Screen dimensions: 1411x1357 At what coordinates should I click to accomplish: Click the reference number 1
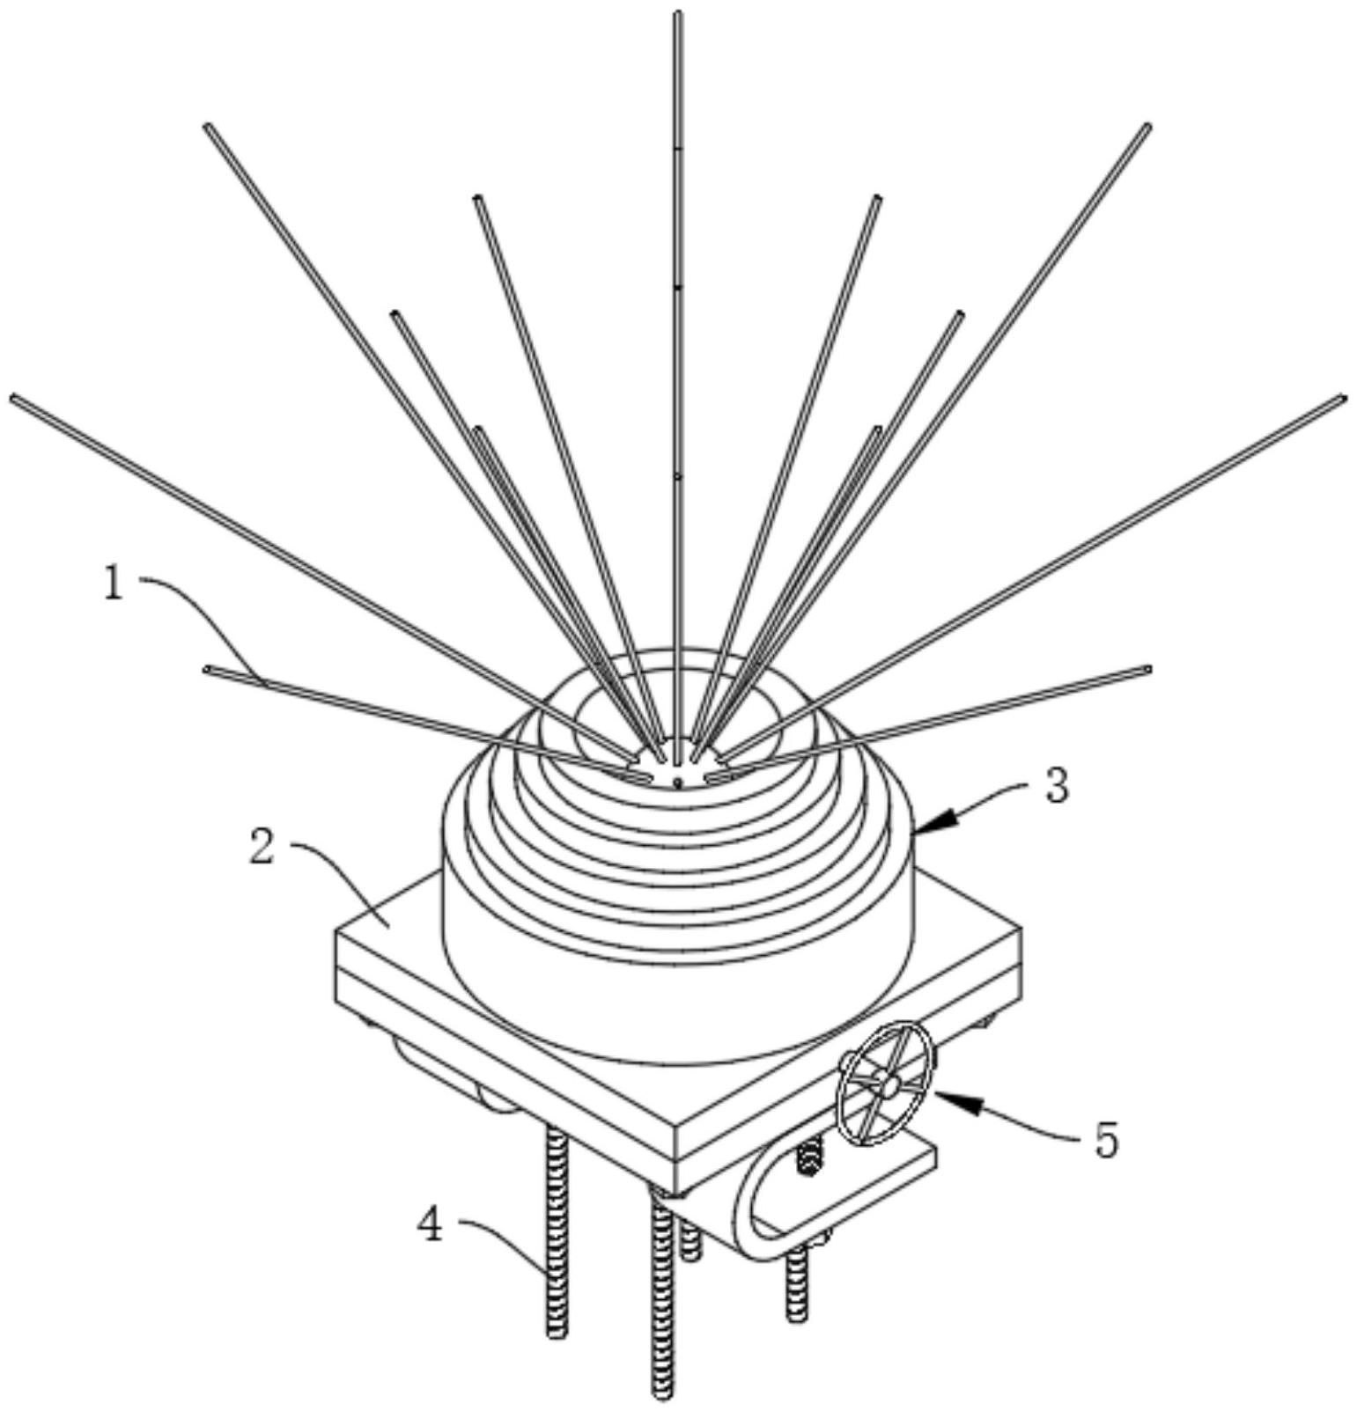pyautogui.click(x=113, y=584)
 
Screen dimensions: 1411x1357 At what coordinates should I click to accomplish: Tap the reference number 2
pyautogui.click(x=261, y=848)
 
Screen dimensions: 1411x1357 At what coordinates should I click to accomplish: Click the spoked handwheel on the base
pyautogui.click(x=885, y=1085)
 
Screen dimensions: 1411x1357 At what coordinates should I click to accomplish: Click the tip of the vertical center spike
pyautogui.click(x=678, y=14)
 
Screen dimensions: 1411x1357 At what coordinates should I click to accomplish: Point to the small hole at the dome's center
pyautogui.click(x=677, y=781)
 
